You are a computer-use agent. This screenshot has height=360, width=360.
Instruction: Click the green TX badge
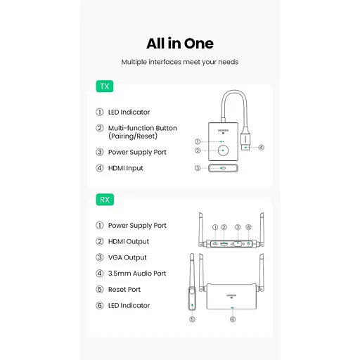tap(105, 86)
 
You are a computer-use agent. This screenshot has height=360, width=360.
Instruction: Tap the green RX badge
tap(105, 200)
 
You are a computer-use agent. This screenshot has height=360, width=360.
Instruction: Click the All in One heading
tap(180, 44)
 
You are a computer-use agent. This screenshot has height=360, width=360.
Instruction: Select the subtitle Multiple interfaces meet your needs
tap(180, 62)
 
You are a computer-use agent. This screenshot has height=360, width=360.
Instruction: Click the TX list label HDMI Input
tap(125, 168)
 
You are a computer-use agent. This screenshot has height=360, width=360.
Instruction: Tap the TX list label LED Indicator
tap(129, 112)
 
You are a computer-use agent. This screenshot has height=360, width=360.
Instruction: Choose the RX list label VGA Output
tap(127, 257)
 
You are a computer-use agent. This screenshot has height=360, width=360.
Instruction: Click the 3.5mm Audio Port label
tap(137, 274)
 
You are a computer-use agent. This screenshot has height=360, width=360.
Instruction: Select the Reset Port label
tap(124, 290)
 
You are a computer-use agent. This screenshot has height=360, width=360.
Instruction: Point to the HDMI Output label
tap(129, 242)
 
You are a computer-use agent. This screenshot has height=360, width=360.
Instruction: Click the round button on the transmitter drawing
tap(223, 150)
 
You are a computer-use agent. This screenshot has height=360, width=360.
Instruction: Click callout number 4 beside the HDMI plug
tap(261, 148)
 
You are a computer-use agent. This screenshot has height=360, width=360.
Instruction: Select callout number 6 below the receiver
tap(233, 319)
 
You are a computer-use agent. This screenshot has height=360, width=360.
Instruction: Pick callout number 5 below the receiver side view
tap(192, 319)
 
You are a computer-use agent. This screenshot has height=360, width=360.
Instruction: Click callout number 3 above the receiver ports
tap(238, 227)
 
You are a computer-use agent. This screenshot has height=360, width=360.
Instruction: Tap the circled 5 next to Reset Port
tap(100, 290)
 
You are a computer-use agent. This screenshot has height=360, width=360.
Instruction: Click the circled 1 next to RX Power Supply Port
tap(100, 226)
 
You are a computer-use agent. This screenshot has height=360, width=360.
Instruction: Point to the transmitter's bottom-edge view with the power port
tap(223, 168)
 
